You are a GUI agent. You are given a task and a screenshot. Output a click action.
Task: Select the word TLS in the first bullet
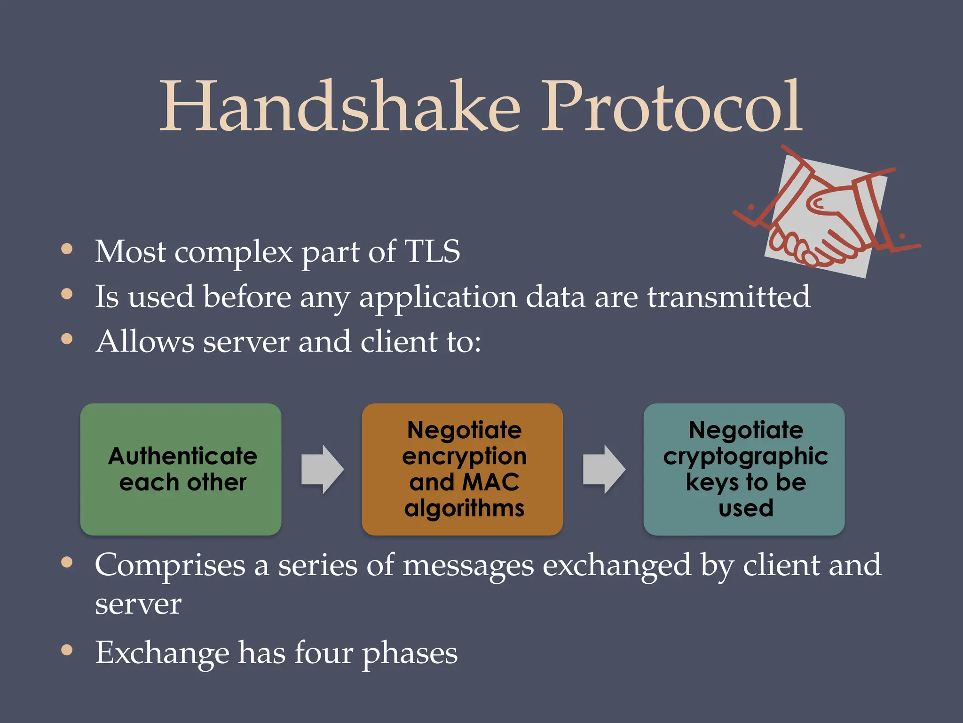tap(432, 251)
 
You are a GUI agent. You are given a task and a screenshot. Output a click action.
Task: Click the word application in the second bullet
tap(437, 297)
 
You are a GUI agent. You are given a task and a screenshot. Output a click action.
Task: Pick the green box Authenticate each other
tap(181, 469)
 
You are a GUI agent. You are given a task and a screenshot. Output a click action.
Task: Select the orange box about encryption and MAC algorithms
tap(462, 469)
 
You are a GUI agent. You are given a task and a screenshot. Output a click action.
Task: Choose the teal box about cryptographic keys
tap(744, 469)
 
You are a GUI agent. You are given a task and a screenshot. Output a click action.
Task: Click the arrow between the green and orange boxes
tap(323, 469)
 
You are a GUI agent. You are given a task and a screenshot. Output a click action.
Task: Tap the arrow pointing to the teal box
tap(604, 469)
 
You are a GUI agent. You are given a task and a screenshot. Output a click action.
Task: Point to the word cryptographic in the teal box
tap(746, 457)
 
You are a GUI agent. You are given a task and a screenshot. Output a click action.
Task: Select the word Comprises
tap(170, 565)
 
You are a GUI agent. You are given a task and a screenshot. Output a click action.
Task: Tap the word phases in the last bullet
tap(410, 653)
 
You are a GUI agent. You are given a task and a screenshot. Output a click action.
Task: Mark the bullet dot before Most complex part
tap(67, 249)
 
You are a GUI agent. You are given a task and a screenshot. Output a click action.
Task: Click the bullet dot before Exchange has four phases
tap(67, 650)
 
